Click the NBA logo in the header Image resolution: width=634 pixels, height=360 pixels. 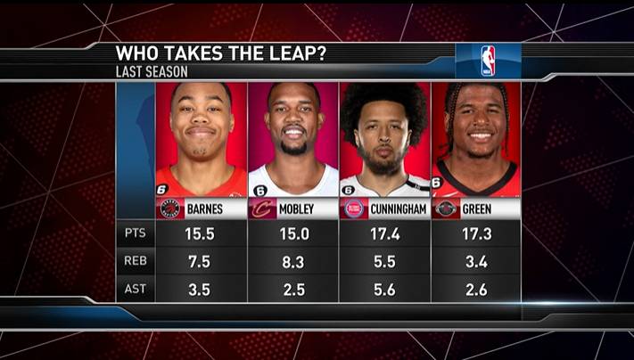[488, 61]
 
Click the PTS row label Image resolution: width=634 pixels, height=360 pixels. [135, 233]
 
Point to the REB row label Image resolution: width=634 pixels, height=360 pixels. [135, 262]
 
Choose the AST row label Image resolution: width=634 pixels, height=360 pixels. [135, 290]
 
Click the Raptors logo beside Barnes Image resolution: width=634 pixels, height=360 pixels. [170, 209]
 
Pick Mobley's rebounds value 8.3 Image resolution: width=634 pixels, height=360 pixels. [293, 262]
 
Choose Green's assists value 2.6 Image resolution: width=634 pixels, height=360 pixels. [476, 290]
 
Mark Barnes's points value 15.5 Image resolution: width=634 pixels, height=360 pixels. [202, 233]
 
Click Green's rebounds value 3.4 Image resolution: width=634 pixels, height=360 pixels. [476, 262]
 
